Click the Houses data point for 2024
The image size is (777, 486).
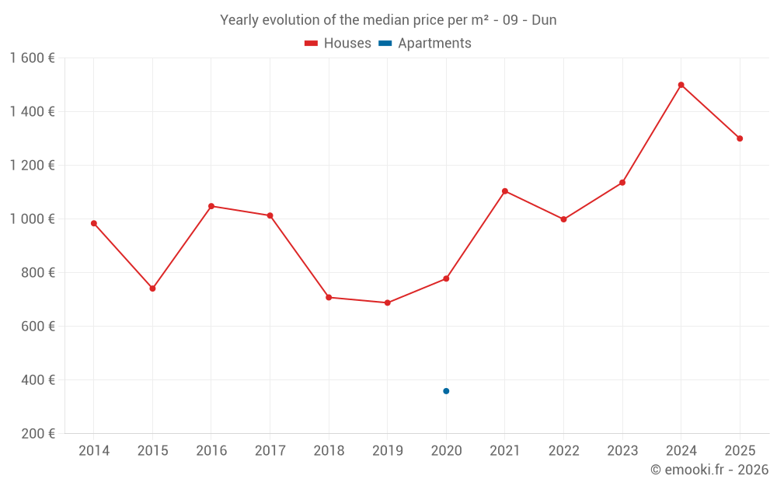coord(681,85)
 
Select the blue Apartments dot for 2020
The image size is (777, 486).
coord(446,391)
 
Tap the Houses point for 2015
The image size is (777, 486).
coord(152,288)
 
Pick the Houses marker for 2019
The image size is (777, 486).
coord(387,302)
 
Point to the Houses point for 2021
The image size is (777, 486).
coord(505,191)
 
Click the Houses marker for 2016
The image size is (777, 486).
coord(211,206)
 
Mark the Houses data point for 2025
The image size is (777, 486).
coord(740,138)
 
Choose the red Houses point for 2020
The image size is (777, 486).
coord(446,278)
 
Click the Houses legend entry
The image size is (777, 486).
coord(338,44)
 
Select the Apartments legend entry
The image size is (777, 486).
coord(426,44)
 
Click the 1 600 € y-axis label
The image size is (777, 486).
coord(32,58)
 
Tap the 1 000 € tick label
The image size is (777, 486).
coord(32,219)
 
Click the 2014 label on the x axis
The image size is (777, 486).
coord(94,451)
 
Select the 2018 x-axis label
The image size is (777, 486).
coord(329,451)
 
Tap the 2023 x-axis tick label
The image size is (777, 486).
coord(622,451)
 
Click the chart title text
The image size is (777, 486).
coord(388,20)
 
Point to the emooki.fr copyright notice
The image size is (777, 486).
coord(709,470)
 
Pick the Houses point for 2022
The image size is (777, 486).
coord(563,219)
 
